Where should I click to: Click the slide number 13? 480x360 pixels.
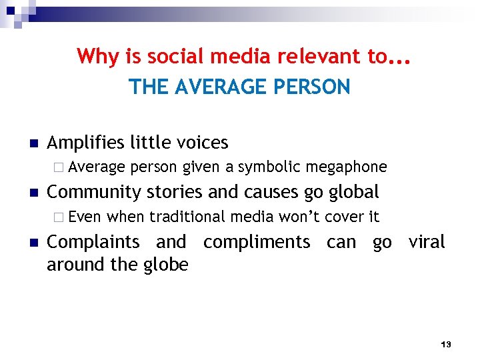[x=446, y=344]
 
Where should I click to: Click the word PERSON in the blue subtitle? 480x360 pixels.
[x=312, y=87]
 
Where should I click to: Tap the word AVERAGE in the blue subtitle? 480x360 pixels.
[x=217, y=87]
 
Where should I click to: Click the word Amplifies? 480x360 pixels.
[x=86, y=143]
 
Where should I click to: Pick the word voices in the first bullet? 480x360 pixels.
[x=202, y=143]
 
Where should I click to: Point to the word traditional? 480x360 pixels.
[x=188, y=216]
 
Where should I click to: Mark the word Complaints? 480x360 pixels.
[x=93, y=241]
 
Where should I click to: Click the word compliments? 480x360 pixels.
[x=257, y=241]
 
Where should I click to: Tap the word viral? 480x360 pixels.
[x=426, y=241]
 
